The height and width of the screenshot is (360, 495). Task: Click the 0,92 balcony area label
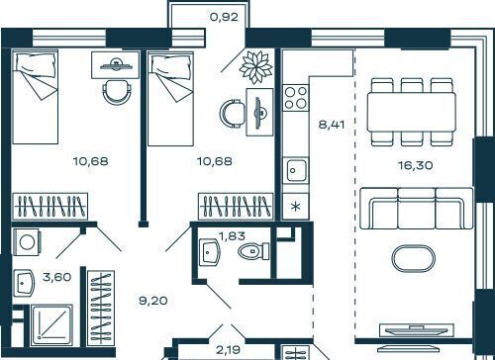tap(224, 17)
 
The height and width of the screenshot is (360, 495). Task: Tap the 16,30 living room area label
tap(416, 165)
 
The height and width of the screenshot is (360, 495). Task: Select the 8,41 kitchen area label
tap(332, 125)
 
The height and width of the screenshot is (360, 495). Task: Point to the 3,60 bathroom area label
tap(57, 277)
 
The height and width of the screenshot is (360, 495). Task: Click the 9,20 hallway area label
tap(153, 301)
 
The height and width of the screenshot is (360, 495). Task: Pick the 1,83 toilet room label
tap(232, 235)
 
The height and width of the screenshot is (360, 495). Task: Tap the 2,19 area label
tap(228, 349)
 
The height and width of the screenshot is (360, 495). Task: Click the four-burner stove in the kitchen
tap(296, 98)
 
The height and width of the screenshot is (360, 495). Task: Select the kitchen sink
tap(296, 170)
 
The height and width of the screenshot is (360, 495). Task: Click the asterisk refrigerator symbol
tap(296, 207)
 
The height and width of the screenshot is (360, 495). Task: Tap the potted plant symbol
tap(255, 67)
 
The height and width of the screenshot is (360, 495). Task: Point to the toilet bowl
tap(253, 251)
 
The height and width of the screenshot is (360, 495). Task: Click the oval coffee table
tap(413, 258)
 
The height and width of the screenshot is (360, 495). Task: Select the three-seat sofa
tap(417, 209)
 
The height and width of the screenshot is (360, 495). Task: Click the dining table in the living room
tap(412, 112)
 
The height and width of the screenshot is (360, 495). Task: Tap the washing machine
tap(27, 242)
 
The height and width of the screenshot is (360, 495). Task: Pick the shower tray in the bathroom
tap(51, 324)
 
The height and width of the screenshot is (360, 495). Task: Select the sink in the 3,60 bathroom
tap(24, 283)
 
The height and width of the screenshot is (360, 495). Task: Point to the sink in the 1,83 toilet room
tap(209, 252)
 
